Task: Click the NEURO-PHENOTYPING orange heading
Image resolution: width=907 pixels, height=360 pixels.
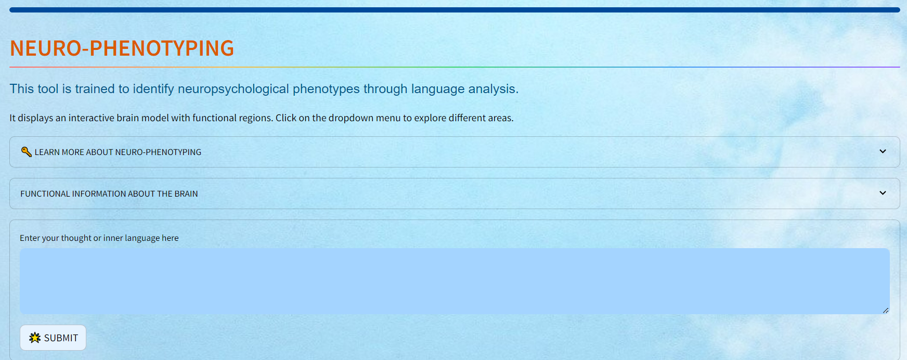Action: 122,48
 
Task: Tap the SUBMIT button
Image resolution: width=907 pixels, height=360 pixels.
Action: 53,338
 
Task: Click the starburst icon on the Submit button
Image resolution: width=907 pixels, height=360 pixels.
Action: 35,338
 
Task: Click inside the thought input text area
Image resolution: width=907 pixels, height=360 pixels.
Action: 455,281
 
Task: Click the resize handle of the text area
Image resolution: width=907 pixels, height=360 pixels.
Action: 886,311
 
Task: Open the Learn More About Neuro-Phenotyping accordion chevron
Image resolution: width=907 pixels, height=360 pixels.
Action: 883,151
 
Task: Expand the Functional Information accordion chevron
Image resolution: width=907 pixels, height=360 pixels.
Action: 883,193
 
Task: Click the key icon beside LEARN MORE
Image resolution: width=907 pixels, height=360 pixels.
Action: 26,151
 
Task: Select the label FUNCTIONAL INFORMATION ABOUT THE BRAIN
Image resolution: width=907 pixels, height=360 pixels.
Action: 109,194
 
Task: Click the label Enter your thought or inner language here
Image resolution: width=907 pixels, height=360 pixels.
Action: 99,238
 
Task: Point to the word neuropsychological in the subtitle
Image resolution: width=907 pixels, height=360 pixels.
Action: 234,89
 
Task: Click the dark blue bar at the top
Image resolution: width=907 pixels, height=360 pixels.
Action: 455,10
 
